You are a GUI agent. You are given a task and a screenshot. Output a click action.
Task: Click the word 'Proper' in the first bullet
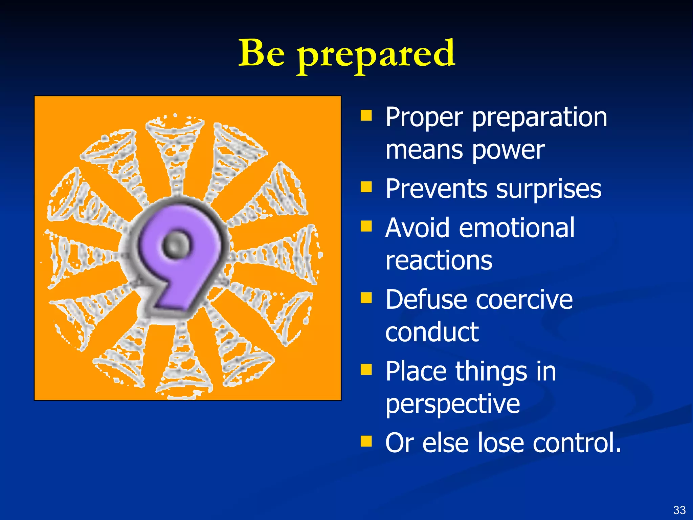(424, 118)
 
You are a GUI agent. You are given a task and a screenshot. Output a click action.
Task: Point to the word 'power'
(508, 151)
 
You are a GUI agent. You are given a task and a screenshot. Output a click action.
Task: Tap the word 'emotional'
(516, 227)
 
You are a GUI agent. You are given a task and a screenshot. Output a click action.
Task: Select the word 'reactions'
(439, 261)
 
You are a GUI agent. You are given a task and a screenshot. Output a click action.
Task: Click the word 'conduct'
(432, 332)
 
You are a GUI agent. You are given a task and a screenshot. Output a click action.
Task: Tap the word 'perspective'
(452, 405)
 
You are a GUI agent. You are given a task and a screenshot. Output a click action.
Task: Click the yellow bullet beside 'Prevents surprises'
(366, 187)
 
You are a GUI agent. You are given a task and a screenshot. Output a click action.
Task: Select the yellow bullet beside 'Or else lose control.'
(366, 441)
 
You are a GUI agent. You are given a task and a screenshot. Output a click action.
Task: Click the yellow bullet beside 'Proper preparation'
(366, 115)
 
